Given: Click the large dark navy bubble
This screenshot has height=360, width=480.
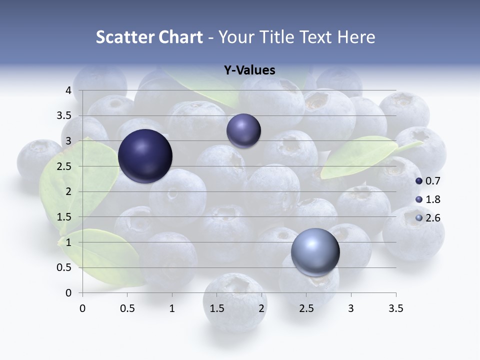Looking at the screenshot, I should pyautogui.click(x=145, y=156).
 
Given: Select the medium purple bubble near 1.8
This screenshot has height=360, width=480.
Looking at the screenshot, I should pyautogui.click(x=243, y=131).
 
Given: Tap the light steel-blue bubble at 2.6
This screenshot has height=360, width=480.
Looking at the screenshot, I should pyautogui.click(x=315, y=252).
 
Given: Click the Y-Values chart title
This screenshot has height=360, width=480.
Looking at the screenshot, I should pyautogui.click(x=249, y=70).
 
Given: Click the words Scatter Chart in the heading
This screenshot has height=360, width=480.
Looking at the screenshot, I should pyautogui.click(x=149, y=37).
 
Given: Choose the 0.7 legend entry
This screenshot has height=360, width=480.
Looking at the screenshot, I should pyautogui.click(x=427, y=181).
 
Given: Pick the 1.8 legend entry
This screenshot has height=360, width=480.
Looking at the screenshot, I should pyautogui.click(x=427, y=199).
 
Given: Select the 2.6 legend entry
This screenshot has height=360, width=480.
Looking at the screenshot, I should pyautogui.click(x=427, y=218).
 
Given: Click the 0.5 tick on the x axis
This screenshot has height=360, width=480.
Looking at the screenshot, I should pyautogui.click(x=127, y=308).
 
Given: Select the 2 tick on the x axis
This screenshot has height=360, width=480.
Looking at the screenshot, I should pyautogui.click(x=261, y=308).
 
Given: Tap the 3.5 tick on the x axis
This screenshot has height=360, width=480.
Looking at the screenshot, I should pyautogui.click(x=395, y=308).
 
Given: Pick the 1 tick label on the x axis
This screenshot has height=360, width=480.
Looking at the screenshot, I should pyautogui.click(x=172, y=308).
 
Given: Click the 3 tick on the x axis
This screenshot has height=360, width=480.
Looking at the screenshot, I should pyautogui.click(x=351, y=308).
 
